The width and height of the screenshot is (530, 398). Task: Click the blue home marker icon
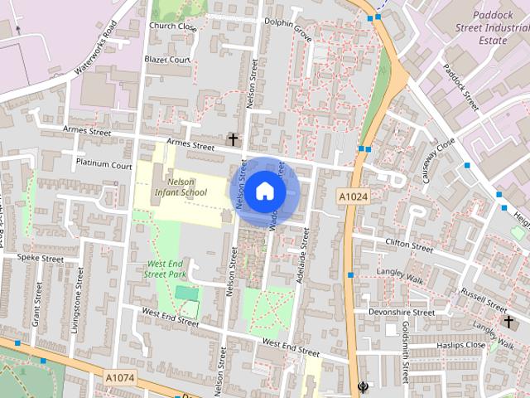264,191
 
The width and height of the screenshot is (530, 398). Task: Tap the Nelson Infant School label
180,187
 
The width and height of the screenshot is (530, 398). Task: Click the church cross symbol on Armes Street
233,139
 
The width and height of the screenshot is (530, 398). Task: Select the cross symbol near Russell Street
508,321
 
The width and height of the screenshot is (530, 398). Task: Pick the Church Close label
172,27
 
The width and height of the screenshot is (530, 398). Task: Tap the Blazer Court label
168,60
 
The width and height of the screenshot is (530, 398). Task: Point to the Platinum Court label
104,164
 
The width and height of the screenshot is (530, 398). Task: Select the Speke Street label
41,258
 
